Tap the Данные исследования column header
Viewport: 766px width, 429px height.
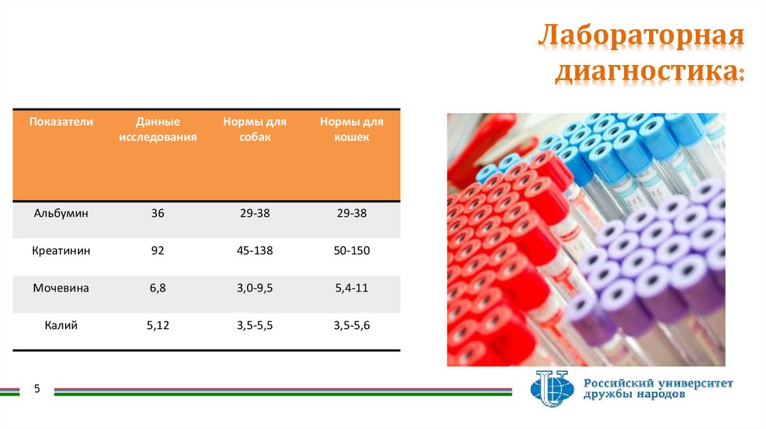pos(158,129)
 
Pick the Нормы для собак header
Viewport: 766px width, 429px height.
pos(254,129)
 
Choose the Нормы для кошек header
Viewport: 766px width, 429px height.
pos(352,129)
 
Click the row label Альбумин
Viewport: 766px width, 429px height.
pos(61,213)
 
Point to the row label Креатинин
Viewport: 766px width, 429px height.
pos(61,250)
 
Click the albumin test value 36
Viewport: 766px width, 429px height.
pos(157,213)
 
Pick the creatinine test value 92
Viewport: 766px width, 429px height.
pos(157,250)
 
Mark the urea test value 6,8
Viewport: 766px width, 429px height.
pos(157,288)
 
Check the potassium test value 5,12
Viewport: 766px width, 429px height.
pos(157,325)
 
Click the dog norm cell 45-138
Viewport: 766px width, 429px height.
pos(254,250)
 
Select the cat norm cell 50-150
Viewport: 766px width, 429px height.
pos(352,250)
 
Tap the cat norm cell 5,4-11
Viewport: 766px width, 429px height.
pos(352,288)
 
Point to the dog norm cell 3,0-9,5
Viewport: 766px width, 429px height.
pos(254,288)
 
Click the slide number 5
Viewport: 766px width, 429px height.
pos(37,389)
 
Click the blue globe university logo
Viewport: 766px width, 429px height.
pos(552,389)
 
